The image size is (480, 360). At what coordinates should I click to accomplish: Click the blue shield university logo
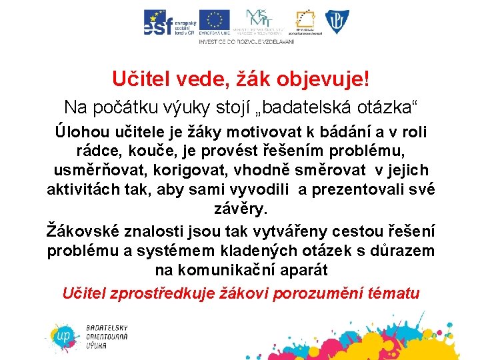click(x=335, y=21)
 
